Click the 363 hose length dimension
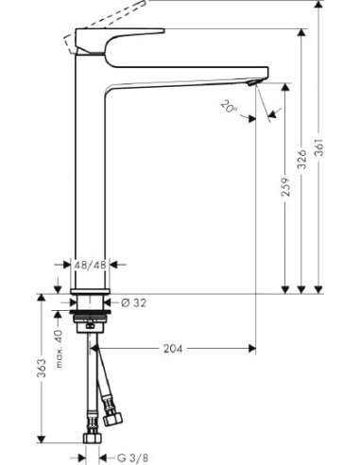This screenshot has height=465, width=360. (41, 370)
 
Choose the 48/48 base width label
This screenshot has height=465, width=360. (91, 267)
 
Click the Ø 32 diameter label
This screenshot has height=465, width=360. (136, 304)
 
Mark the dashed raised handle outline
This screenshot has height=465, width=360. (104, 18)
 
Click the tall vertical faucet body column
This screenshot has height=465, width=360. (91, 170)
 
